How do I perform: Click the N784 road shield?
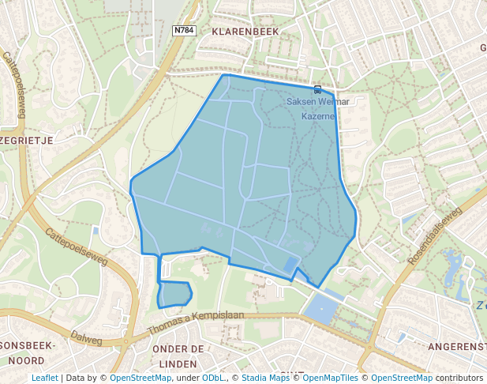(184, 30)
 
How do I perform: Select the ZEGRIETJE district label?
(28, 140)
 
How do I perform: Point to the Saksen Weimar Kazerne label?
(317, 108)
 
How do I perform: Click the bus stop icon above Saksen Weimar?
(317, 89)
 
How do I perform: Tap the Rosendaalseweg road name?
(434, 236)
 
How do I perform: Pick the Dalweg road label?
(87, 336)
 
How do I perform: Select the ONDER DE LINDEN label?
(178, 356)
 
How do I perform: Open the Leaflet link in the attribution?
(44, 378)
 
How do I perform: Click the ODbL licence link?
(214, 378)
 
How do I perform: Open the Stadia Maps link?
(265, 378)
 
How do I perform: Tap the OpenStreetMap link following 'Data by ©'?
(140, 378)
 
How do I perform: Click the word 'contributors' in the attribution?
(459, 378)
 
